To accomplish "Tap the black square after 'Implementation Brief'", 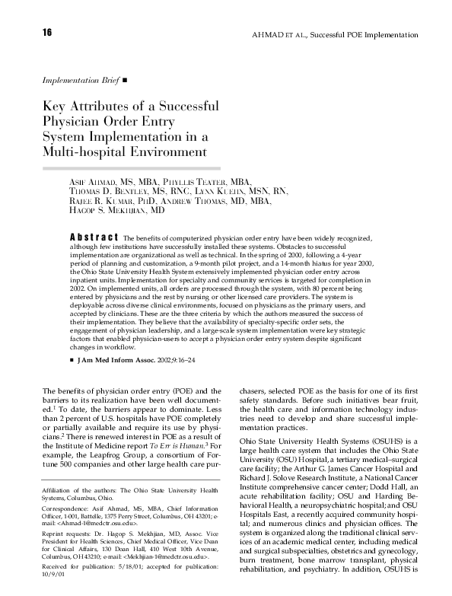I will (125, 78).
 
